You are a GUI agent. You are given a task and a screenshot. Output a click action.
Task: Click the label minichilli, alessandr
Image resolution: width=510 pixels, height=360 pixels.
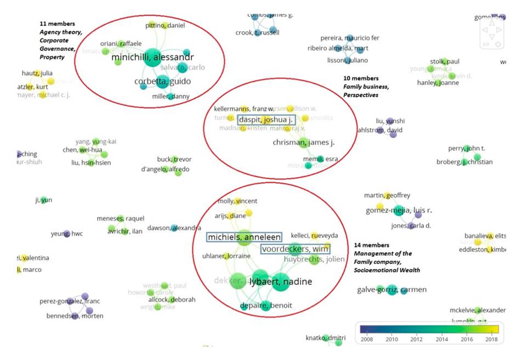pyautogui.click(x=152, y=57)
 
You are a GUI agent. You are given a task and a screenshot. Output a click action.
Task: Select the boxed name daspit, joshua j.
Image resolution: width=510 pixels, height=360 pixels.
pyautogui.click(x=266, y=120)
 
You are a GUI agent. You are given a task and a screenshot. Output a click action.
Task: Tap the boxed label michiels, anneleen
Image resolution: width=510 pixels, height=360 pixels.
pyautogui.click(x=244, y=237)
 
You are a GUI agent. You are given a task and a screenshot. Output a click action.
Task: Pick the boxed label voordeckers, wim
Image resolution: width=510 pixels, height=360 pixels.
pyautogui.click(x=295, y=249)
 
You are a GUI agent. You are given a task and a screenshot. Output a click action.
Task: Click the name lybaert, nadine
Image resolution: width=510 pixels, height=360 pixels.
pyautogui.click(x=280, y=282)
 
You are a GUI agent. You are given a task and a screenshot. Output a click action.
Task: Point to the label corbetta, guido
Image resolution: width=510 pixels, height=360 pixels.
pyautogui.click(x=162, y=82)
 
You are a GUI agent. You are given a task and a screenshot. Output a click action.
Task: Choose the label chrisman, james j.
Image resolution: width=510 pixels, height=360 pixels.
pyautogui.click(x=303, y=143)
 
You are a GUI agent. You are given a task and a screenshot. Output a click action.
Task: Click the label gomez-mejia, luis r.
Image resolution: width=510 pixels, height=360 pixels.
pyautogui.click(x=399, y=211)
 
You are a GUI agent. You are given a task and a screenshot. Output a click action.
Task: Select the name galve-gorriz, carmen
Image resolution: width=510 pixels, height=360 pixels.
pyautogui.click(x=392, y=290)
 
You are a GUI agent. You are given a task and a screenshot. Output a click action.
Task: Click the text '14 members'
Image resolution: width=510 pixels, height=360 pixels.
pyautogui.click(x=371, y=245)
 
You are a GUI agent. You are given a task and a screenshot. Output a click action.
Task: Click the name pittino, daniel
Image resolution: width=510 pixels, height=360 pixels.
pyautogui.click(x=165, y=25)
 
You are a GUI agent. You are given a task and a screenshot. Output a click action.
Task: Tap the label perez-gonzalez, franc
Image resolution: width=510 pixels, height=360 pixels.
pyautogui.click(x=70, y=301)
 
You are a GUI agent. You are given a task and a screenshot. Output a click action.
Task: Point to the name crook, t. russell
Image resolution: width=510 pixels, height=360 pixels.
pyautogui.click(x=257, y=32)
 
